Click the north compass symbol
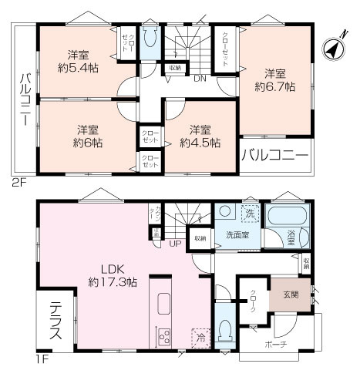pyautogui.click(x=332, y=49)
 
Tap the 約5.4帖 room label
pyautogui.click(x=76, y=61)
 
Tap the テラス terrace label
pyautogui.click(x=56, y=323)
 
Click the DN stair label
pyautogui.click(x=199, y=78)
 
